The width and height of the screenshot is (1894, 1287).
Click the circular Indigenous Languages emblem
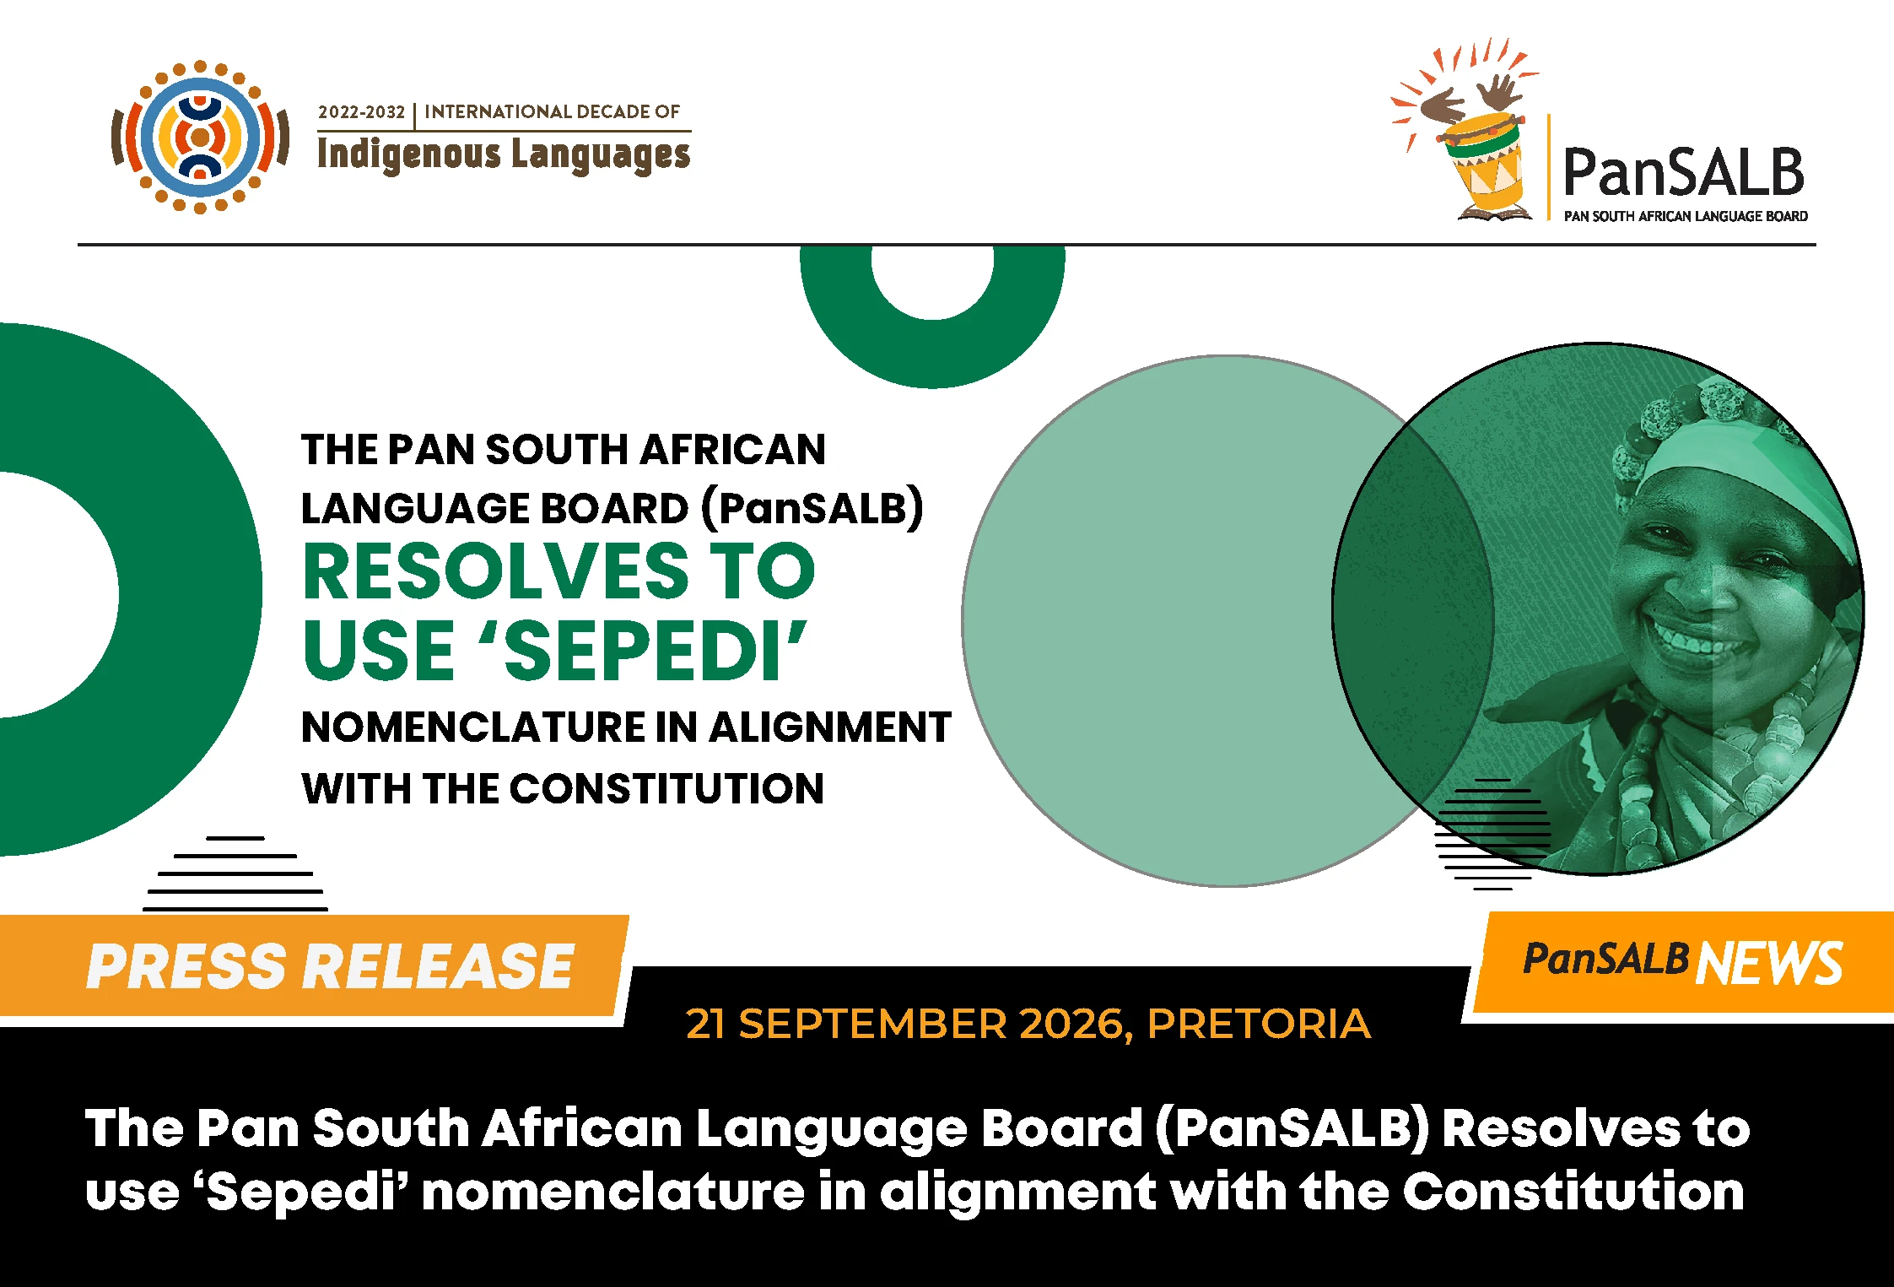click(x=200, y=137)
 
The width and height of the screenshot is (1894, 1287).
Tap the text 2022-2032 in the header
click(x=361, y=112)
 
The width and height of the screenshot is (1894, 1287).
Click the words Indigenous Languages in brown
click(x=504, y=155)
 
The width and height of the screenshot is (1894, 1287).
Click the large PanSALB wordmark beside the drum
click(x=1684, y=171)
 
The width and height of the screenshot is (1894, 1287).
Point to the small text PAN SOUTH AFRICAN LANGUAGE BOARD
click(x=1686, y=216)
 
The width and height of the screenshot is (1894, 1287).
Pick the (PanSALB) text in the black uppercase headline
click(x=812, y=508)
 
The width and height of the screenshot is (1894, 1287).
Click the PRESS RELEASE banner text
click(x=331, y=965)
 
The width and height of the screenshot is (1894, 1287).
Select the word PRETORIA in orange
click(x=1259, y=1024)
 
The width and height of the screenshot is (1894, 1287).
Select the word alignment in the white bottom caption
click(x=1018, y=1194)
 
